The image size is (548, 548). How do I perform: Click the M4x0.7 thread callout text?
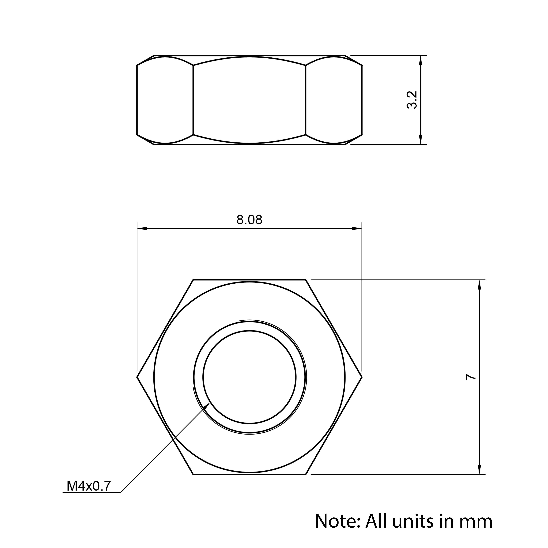click(89, 486)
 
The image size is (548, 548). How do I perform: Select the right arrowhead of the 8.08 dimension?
click(357, 228)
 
